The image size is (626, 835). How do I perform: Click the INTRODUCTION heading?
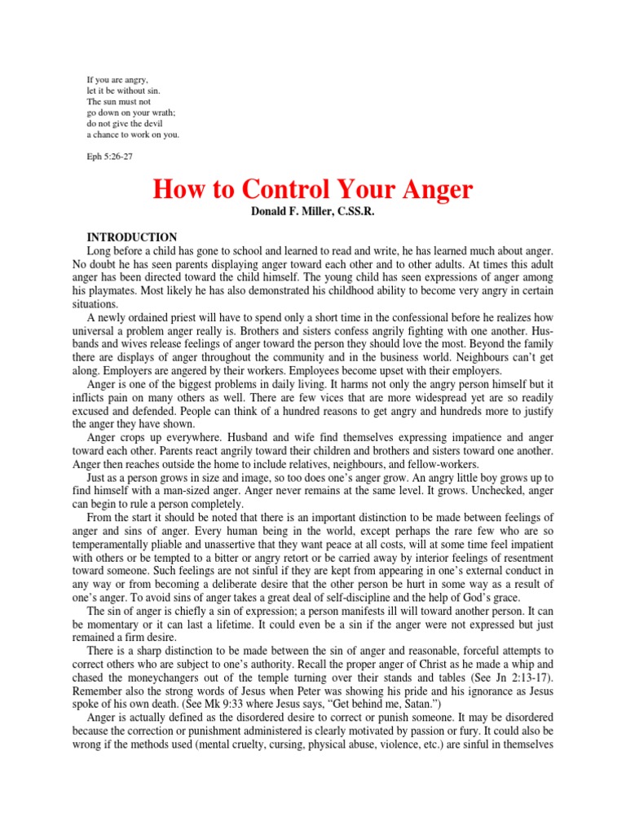coord(132,237)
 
